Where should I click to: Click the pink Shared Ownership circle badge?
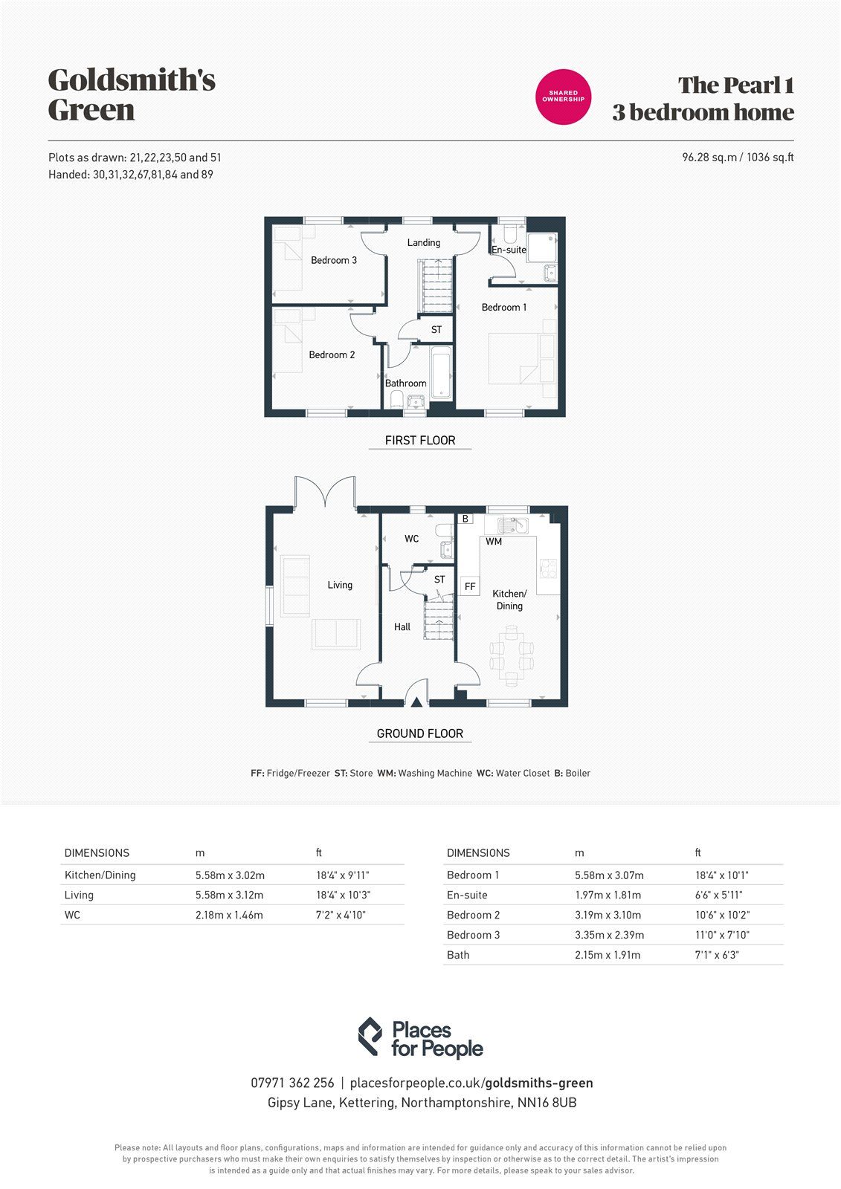pyautogui.click(x=563, y=96)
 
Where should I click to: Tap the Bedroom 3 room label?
pyautogui.click(x=334, y=260)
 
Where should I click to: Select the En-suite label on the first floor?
pyautogui.click(x=509, y=250)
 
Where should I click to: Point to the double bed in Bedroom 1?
pyautogui.click(x=521, y=359)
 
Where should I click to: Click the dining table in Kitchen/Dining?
pyautogui.click(x=511, y=654)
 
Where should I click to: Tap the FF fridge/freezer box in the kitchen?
pyautogui.click(x=470, y=586)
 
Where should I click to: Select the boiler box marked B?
pyautogui.click(x=465, y=519)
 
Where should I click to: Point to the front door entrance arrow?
pyautogui.click(x=417, y=700)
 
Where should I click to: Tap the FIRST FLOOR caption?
pyautogui.click(x=420, y=441)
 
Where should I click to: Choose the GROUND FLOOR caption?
pyautogui.click(x=420, y=733)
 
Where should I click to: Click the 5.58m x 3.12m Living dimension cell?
pyautogui.click(x=230, y=895)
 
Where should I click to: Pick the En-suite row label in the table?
pyautogui.click(x=467, y=895)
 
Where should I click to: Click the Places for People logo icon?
pyautogui.click(x=370, y=1037)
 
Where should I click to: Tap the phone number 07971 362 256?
pyautogui.click(x=292, y=1083)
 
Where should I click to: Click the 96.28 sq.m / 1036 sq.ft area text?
pyautogui.click(x=738, y=158)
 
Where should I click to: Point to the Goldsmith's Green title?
pyautogui.click(x=132, y=94)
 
